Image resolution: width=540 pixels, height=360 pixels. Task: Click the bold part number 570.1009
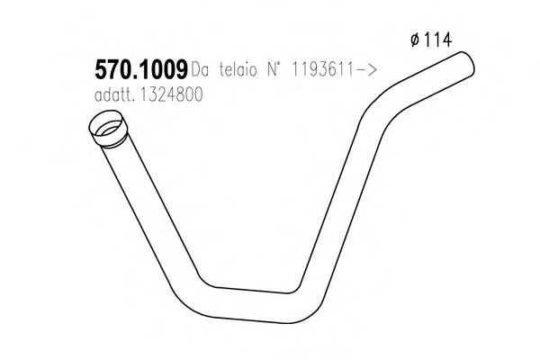pos(139,67)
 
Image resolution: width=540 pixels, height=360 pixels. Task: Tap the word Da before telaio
pos(199,69)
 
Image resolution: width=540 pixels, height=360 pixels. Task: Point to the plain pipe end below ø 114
pos(463,65)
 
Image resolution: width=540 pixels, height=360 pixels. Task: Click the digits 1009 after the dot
pos(162,67)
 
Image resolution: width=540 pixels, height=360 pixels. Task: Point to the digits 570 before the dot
pos(112,67)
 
